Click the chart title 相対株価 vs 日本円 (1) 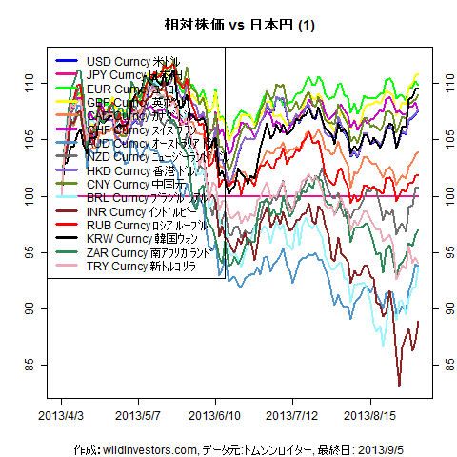228,25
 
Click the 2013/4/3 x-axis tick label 61,416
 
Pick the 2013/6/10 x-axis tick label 215,416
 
